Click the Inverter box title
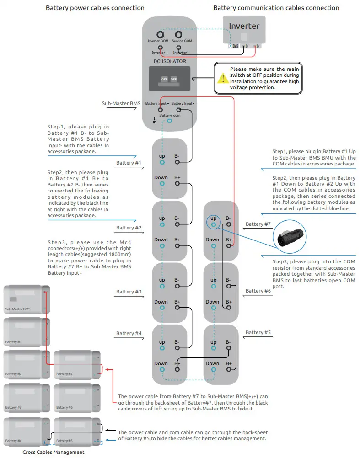pos(244,26)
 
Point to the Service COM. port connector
pos(179,34)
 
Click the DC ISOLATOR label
pos(169,61)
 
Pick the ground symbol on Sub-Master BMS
pos(154,120)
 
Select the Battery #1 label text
pos(129,163)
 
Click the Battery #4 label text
pos(129,333)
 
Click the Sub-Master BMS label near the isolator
pos(121,104)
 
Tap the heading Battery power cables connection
pos(95,8)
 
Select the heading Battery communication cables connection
pos(276,8)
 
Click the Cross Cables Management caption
pos(54,452)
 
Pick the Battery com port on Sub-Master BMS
pos(170,121)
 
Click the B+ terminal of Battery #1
pos(177,184)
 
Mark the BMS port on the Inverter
pos(234,46)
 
